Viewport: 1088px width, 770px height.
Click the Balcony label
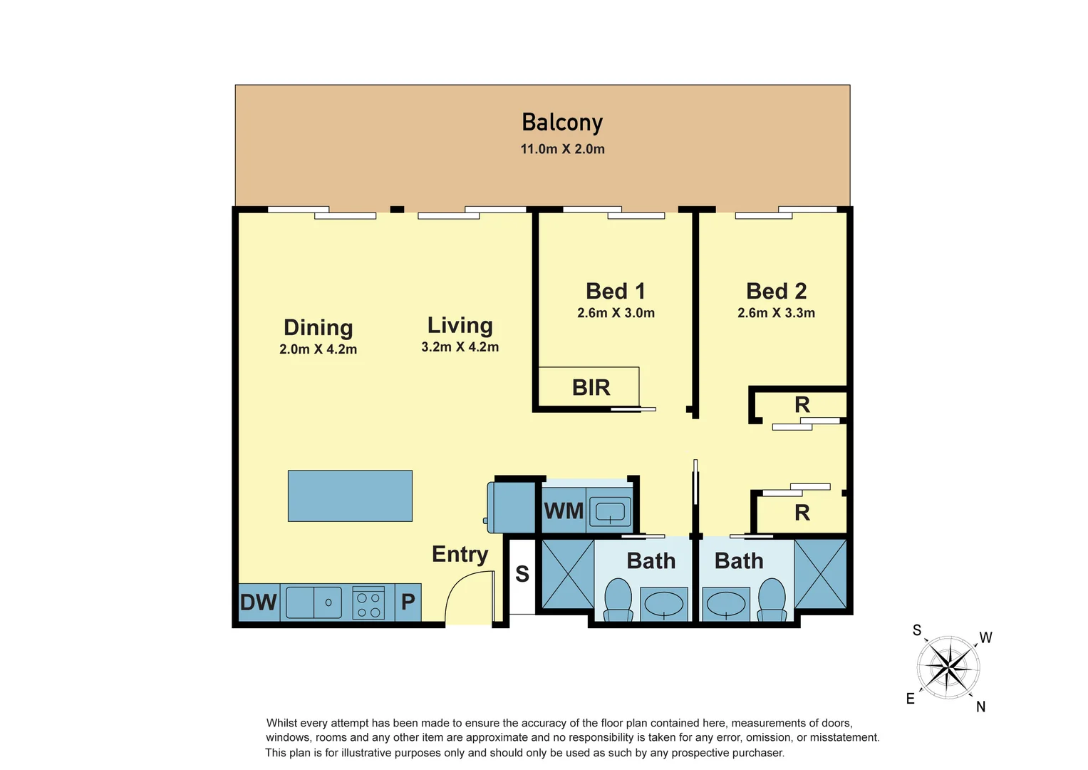tap(562, 123)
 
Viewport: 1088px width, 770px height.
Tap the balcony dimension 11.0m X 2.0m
tap(562, 149)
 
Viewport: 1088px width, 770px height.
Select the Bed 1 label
tap(616, 291)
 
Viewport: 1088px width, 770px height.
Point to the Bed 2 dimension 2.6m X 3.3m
tap(776, 313)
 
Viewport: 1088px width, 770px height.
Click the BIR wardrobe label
tap(591, 388)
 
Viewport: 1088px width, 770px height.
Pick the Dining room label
tap(318, 327)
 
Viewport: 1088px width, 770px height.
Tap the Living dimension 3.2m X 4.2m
tap(460, 347)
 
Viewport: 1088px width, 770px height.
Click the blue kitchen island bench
tap(350, 496)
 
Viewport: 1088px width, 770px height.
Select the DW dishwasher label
tap(258, 602)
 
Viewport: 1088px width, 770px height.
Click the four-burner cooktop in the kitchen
tap(368, 603)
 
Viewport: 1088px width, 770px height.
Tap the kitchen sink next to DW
tap(314, 602)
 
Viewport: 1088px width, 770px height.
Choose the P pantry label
tap(408, 602)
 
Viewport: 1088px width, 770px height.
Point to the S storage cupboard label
tap(522, 574)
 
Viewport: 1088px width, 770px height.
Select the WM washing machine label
tap(564, 511)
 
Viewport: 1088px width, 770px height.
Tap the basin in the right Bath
tap(725, 604)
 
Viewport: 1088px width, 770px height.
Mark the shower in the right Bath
tap(821, 573)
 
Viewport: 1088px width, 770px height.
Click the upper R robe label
tap(802, 405)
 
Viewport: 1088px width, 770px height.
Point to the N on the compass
tap(980, 707)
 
